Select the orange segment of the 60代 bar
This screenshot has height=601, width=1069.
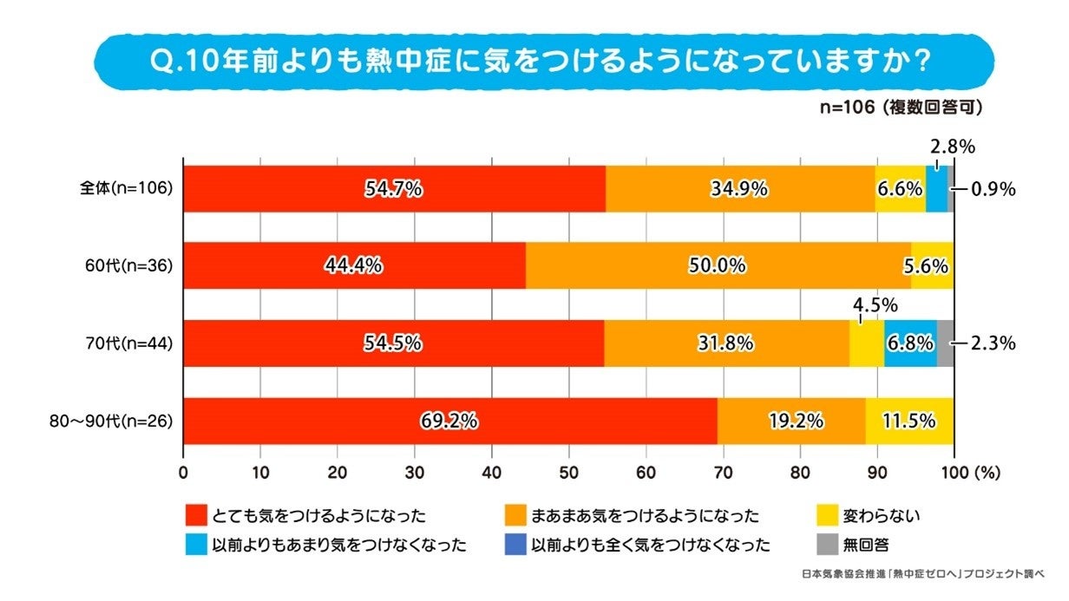click(718, 265)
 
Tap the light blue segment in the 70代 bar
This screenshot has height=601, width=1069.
click(910, 343)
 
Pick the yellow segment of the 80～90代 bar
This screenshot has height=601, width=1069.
click(909, 421)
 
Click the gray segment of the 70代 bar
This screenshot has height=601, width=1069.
click(945, 343)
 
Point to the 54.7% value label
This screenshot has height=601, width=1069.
click(393, 188)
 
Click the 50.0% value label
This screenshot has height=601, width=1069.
click(717, 266)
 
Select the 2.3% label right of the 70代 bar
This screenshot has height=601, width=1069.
click(994, 343)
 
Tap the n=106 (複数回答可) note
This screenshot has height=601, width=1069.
click(902, 108)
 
